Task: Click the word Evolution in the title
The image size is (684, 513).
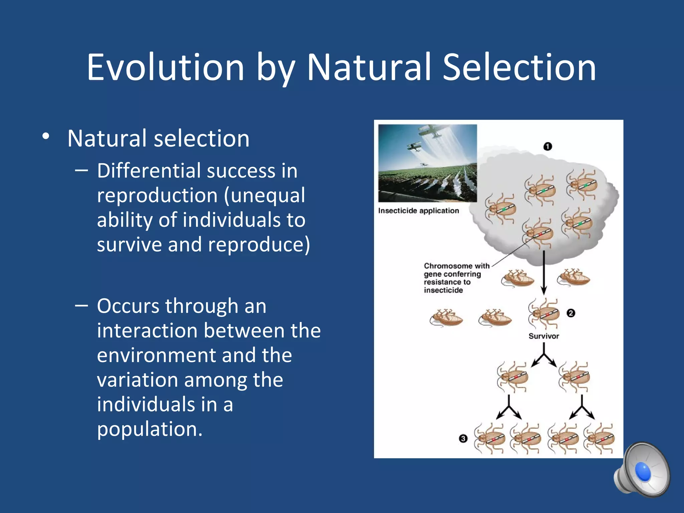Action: coord(165,67)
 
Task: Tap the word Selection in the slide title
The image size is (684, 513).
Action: coord(519,67)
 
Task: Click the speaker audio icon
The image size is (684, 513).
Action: coord(642,470)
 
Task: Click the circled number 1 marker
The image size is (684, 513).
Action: coord(548,147)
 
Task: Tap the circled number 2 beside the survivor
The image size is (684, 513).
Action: coord(571,313)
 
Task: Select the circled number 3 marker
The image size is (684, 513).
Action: coord(463,439)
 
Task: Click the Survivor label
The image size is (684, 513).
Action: coord(543,336)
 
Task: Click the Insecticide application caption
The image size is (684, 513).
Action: coord(418,211)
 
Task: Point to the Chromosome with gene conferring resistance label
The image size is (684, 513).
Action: coord(456,278)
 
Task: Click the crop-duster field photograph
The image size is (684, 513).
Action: coord(427,163)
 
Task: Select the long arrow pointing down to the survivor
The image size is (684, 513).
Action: coord(544,272)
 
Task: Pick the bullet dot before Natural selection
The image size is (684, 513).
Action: coord(46,137)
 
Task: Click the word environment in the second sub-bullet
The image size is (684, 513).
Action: coord(194,355)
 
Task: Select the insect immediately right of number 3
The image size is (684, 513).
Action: coord(490,439)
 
